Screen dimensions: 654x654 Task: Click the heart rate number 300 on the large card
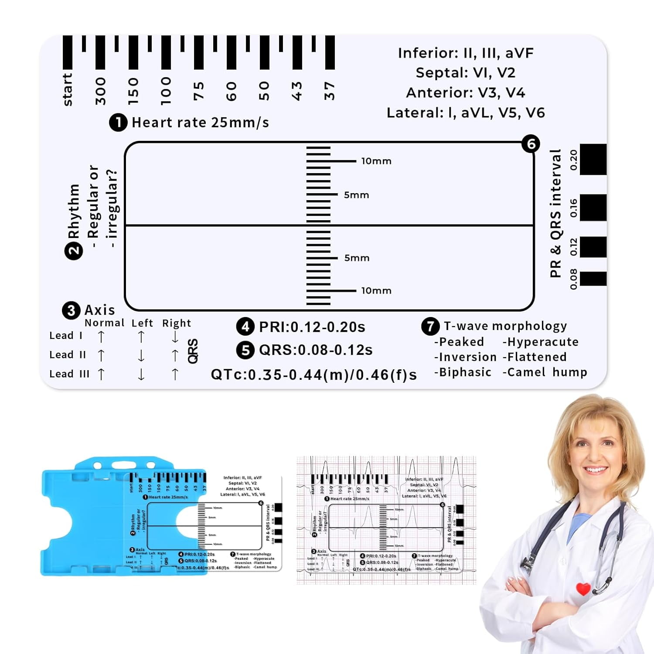coord(100,91)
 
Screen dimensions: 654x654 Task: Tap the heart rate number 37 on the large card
coord(329,91)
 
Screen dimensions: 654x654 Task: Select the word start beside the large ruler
coord(67,89)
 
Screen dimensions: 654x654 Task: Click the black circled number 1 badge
coord(118,123)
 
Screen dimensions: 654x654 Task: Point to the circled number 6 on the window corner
coord(531,144)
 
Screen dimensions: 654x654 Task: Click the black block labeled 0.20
coord(593,160)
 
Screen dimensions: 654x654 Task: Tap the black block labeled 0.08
coord(593,279)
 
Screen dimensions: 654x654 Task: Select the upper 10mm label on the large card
coord(376,161)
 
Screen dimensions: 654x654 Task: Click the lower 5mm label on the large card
coord(357,258)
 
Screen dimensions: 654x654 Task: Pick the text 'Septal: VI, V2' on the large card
coord(465,73)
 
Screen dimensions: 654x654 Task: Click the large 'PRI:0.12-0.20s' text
coord(312,327)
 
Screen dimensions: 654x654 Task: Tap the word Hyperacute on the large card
coord(542,342)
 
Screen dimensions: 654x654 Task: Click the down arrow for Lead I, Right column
coord(175,337)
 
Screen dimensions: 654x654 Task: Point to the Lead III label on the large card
coord(69,374)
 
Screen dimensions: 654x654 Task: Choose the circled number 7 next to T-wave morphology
coord(430,326)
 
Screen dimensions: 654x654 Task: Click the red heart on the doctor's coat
coord(583,589)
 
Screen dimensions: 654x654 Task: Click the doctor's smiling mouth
coord(595,470)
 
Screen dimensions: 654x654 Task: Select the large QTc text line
coord(314,375)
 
